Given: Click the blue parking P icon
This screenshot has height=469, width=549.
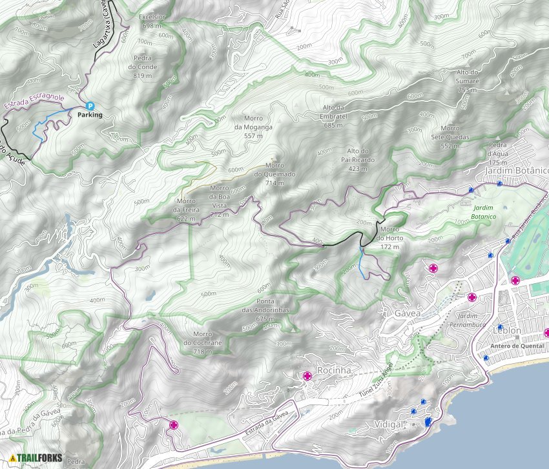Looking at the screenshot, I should tap(90, 106).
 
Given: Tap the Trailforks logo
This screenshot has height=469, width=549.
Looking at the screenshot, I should tap(36, 459).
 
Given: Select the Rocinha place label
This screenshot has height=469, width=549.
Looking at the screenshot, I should tap(334, 371).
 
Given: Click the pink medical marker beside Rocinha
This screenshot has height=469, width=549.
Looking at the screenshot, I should tap(307, 376).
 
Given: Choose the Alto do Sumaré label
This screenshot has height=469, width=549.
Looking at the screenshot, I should tap(468, 81).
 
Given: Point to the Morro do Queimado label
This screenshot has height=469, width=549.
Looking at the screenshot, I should tap(274, 174).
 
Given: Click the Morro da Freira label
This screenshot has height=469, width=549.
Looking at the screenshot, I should tap(186, 210).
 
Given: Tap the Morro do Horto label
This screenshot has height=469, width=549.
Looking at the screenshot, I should tap(391, 234).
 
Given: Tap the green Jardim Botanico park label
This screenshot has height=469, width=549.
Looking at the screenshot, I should tap(484, 212).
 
